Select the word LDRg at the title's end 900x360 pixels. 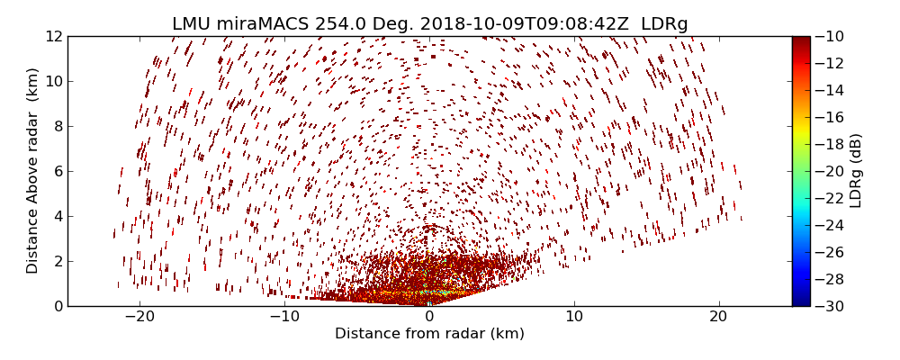(x=664, y=24)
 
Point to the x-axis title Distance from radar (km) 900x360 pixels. (x=429, y=334)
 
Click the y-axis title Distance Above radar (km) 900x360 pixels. (x=33, y=171)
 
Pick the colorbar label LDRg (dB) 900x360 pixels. (x=856, y=171)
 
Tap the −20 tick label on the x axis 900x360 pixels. (x=139, y=317)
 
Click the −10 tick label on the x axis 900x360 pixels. (x=284, y=317)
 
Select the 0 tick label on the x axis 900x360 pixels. (x=429, y=317)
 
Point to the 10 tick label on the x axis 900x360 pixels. (x=574, y=317)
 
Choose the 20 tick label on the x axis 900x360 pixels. (x=718, y=317)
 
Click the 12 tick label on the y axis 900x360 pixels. (x=54, y=36)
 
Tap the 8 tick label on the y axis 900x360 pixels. (x=58, y=126)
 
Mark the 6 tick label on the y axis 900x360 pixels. (x=58, y=171)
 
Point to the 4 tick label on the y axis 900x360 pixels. (x=58, y=216)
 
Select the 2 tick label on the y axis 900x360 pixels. (x=58, y=261)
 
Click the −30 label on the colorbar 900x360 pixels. (x=830, y=306)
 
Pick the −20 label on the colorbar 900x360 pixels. (x=830, y=171)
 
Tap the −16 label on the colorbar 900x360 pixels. (x=830, y=117)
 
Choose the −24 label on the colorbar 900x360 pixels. (x=830, y=225)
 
